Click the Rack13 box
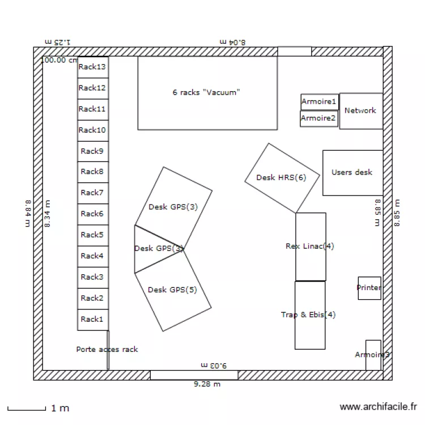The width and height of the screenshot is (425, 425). click(x=93, y=67)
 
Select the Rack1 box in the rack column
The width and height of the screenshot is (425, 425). click(x=93, y=320)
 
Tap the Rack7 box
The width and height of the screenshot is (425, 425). click(x=93, y=193)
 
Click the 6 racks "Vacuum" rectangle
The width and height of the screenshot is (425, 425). click(x=207, y=93)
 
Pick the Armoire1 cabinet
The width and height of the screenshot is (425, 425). click(x=319, y=102)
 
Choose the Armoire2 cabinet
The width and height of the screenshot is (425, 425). click(x=318, y=118)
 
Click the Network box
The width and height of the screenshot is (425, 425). click(x=361, y=111)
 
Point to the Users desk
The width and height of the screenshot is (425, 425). click(x=352, y=172)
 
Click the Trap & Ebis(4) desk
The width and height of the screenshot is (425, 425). click(x=309, y=315)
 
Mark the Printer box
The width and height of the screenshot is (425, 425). click(x=369, y=288)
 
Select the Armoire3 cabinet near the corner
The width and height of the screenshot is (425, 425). click(x=373, y=355)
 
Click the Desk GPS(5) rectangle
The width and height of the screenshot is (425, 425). click(x=173, y=291)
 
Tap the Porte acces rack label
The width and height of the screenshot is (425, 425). click(x=107, y=350)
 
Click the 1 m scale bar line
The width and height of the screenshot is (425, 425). click(x=26, y=408)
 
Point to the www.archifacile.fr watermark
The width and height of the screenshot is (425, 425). click(x=378, y=407)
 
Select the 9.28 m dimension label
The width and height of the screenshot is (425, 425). click(x=207, y=384)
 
